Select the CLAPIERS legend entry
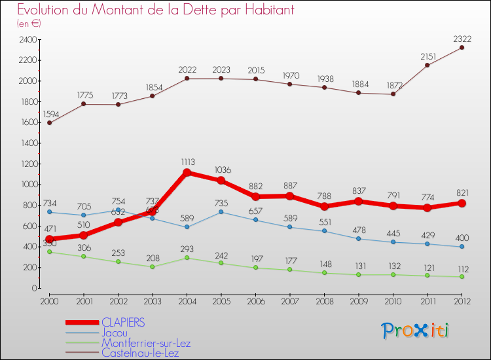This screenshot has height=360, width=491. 123,322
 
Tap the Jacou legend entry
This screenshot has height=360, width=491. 115,333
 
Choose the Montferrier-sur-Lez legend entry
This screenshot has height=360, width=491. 145,343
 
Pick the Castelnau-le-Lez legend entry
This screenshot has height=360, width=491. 140,353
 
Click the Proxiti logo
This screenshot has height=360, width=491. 415,331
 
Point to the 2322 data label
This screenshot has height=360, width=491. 462,39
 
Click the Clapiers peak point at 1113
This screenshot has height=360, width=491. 187,173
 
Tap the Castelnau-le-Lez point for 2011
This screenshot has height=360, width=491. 427,65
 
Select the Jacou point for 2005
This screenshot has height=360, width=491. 222,212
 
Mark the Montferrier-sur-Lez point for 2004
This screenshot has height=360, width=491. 187,258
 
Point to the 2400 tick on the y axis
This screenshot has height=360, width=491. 28,40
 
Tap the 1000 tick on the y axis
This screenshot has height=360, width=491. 28,185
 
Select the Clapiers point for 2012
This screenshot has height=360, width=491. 462,203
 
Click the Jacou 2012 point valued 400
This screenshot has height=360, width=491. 462,247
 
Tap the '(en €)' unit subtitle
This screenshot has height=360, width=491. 29,24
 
